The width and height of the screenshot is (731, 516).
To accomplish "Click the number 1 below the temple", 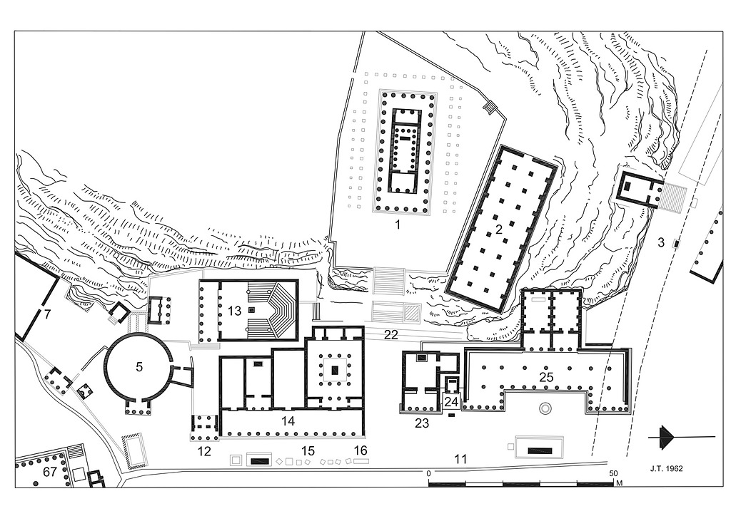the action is click(x=397, y=225).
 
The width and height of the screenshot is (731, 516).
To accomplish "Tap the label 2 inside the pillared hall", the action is click(x=498, y=229).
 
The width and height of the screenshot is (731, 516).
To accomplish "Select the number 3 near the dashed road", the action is click(x=660, y=242).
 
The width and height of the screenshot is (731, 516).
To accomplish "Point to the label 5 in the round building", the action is click(x=139, y=367).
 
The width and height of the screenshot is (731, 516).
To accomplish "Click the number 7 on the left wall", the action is click(x=47, y=314).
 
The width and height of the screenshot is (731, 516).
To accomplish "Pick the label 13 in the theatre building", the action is click(x=234, y=310).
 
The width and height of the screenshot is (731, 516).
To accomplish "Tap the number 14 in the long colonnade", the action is click(x=288, y=421).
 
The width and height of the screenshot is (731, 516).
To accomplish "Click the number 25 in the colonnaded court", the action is click(x=546, y=377).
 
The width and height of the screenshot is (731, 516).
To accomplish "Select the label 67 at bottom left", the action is click(x=50, y=473).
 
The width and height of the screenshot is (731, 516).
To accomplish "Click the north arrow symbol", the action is click(x=681, y=438).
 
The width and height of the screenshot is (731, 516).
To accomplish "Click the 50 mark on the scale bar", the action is click(x=613, y=473).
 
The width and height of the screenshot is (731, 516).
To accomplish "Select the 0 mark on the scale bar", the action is click(x=429, y=473).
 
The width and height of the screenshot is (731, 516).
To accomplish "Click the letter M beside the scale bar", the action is click(x=620, y=483).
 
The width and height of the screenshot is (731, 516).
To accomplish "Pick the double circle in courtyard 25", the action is click(x=545, y=408).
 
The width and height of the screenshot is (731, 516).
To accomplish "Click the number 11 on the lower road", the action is click(x=460, y=460).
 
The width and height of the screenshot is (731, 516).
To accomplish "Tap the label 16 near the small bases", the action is click(x=361, y=450).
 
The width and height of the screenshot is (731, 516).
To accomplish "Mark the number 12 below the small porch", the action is click(x=204, y=451).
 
